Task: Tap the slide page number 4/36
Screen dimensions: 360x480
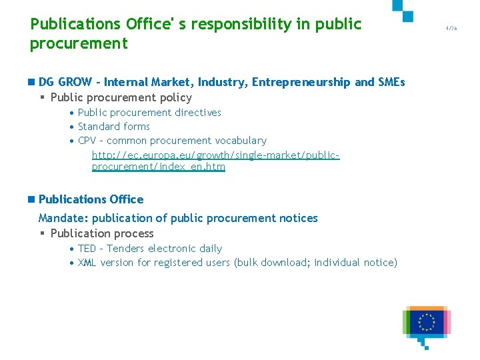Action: click(451, 28)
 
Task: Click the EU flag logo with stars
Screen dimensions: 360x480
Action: click(427, 322)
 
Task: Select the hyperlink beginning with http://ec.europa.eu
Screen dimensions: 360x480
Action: click(215, 161)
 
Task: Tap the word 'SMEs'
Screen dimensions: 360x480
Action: click(391, 82)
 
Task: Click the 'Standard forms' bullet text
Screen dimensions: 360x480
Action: click(113, 127)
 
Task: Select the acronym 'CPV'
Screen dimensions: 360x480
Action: click(87, 141)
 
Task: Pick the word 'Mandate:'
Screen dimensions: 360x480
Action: click(63, 218)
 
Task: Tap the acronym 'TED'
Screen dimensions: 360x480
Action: click(87, 249)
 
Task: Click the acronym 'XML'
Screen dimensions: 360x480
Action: click(87, 263)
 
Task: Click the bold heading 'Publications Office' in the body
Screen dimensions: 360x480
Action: click(91, 199)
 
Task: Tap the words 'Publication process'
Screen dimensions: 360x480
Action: click(102, 233)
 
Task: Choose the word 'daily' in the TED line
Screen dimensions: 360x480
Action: click(210, 249)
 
